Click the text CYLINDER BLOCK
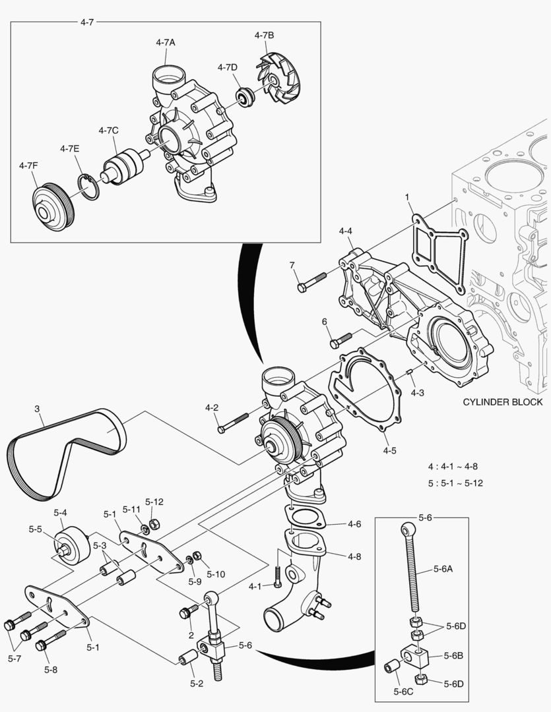click(x=502, y=401)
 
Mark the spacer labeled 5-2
click(x=188, y=658)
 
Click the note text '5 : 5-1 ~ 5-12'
click(x=455, y=483)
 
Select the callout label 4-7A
click(x=166, y=42)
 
